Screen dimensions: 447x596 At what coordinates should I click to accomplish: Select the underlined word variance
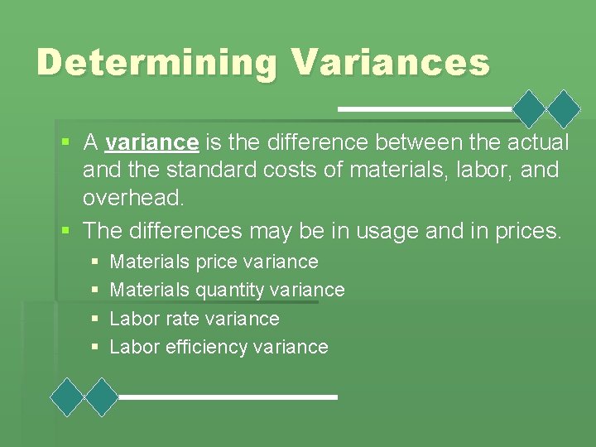[x=151, y=142]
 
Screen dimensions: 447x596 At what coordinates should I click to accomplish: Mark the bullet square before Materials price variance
[x=96, y=262]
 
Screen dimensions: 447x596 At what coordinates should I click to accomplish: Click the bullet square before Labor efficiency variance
[x=96, y=348]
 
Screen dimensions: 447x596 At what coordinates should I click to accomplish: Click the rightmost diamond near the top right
[x=565, y=108]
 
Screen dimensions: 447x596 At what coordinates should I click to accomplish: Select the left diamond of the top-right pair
[x=530, y=108]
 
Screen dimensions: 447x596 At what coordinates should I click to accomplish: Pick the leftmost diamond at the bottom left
[x=67, y=397]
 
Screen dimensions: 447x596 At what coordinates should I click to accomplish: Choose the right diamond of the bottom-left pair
[x=103, y=397]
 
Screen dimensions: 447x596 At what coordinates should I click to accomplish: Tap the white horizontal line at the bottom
[x=228, y=397]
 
